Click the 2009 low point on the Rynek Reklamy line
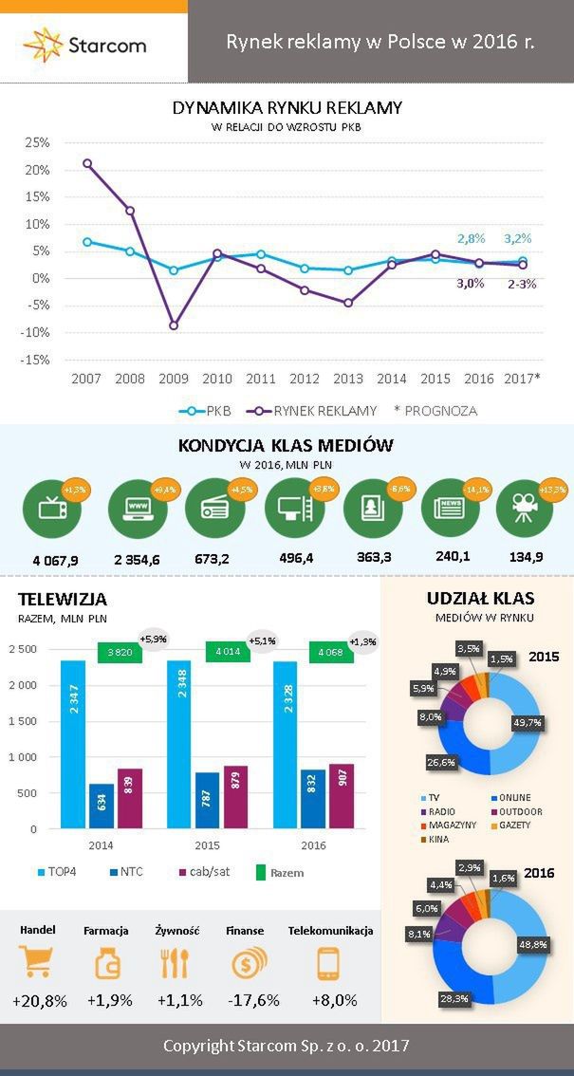(174, 325)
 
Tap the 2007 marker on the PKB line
(87, 242)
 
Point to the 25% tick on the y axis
(37, 142)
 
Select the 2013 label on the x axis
(348, 379)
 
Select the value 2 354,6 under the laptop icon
(137, 559)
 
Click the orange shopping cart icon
(37, 964)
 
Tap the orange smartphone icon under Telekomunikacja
(329, 964)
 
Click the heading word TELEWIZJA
(62, 600)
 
